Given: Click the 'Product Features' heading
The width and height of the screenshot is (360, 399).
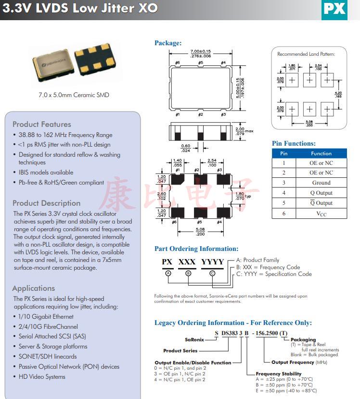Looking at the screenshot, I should [x=42, y=124].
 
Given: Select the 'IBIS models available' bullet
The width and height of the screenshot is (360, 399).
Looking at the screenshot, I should [x=46, y=172].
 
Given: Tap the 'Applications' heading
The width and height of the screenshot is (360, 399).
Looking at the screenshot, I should [x=34, y=288].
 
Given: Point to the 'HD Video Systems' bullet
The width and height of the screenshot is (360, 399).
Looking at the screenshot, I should [x=42, y=376].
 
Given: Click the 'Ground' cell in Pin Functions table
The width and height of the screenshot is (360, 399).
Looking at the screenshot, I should [x=321, y=183].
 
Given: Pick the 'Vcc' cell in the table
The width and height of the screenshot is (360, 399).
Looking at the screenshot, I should [x=321, y=213].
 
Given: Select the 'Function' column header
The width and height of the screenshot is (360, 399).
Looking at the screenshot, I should [x=321, y=153].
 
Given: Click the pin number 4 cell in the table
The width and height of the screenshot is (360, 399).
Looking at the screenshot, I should [x=284, y=193].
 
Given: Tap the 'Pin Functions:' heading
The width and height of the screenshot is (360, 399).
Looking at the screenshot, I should [x=294, y=143].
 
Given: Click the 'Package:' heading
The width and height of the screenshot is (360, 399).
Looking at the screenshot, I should [x=168, y=43].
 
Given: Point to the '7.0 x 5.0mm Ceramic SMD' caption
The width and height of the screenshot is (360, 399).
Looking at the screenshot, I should [x=74, y=95].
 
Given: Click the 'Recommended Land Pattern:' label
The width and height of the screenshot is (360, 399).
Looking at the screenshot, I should [x=306, y=54].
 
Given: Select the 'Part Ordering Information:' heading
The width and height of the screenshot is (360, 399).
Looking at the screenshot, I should [x=196, y=249].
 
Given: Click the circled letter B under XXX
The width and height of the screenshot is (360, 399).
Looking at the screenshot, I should [x=189, y=273].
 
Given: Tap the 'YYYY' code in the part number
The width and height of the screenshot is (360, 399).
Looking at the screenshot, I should [x=212, y=262].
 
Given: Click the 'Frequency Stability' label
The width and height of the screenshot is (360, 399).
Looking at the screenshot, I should [x=278, y=374].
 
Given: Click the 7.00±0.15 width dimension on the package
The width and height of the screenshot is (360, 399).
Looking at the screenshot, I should [x=201, y=51].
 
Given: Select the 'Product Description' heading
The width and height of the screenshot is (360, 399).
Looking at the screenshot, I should [x=47, y=203].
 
